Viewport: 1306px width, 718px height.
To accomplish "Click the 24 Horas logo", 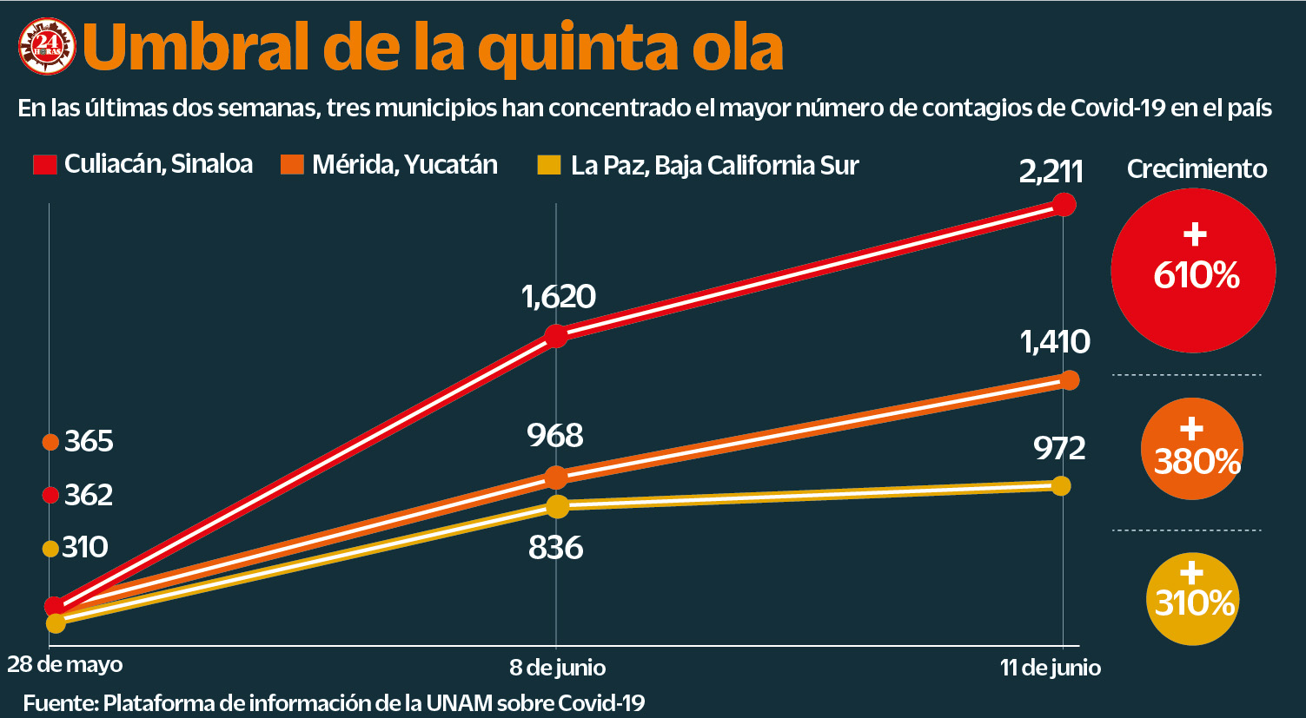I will (47, 49).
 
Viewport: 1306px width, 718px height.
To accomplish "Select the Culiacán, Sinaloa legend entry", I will (143, 164).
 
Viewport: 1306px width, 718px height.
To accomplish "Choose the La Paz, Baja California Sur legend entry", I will (699, 165).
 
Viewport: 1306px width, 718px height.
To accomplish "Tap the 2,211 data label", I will (1051, 171).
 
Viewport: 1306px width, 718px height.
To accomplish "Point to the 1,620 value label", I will (558, 297).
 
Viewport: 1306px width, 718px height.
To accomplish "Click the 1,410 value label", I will (1055, 342).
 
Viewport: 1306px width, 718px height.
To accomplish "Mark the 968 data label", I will (555, 435).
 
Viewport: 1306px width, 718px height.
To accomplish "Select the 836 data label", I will (555, 548).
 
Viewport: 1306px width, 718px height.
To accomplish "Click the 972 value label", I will (1059, 448).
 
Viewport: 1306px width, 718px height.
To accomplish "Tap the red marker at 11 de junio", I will (1064, 205).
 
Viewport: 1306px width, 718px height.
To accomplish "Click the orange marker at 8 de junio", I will (556, 477).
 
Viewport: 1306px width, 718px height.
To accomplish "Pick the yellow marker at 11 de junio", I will (1060, 485).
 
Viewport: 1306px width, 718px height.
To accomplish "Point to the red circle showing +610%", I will (1193, 271).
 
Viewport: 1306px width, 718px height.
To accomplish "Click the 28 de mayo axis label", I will (65, 664).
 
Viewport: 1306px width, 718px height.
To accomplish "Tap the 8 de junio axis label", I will (557, 668).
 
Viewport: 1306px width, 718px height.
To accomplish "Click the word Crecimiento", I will (1197, 168).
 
